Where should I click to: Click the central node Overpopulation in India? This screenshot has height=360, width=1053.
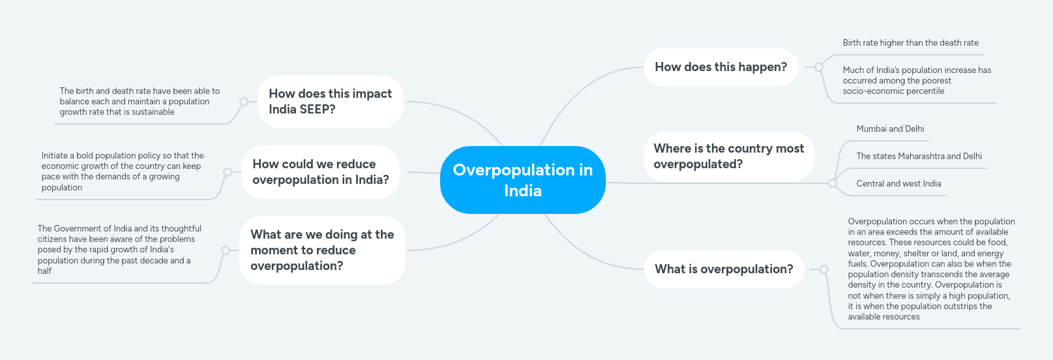point(522,180)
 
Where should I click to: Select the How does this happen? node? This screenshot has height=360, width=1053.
point(720,67)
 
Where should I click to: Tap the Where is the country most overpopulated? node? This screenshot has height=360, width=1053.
point(728,157)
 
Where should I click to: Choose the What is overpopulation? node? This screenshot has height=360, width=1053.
point(724,269)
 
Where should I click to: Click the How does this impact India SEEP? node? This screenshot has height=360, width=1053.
point(330,102)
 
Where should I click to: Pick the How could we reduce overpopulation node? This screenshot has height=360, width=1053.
point(320,172)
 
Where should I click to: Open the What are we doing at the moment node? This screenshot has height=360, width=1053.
point(322,250)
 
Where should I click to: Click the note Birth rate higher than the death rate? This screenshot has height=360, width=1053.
point(910,43)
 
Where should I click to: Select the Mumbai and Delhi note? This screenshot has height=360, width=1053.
point(890,129)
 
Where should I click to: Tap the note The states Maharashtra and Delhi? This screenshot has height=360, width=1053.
point(919,157)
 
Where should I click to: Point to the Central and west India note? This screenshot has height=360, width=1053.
point(898,184)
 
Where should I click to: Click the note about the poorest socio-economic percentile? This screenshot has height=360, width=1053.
point(916,81)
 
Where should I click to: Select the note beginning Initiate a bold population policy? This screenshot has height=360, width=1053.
point(123,172)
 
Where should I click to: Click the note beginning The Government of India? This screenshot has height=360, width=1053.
point(119,250)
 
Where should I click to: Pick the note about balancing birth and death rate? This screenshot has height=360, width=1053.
point(140,102)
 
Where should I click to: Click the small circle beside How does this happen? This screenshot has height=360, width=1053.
point(819,67)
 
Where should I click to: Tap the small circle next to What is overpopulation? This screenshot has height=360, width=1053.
point(824,269)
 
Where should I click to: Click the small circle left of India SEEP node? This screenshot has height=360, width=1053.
point(244,102)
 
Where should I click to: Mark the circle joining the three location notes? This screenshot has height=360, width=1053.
point(833,183)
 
